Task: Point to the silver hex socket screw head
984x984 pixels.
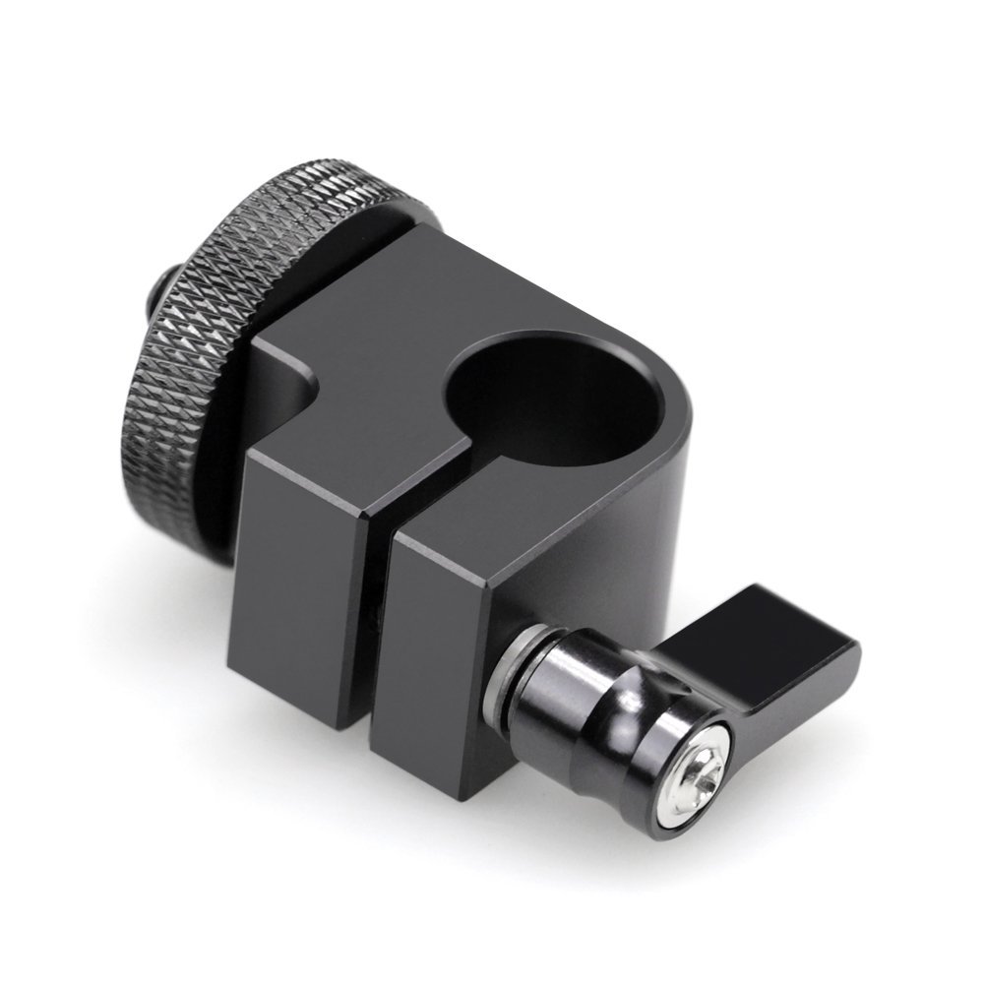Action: (706, 751)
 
